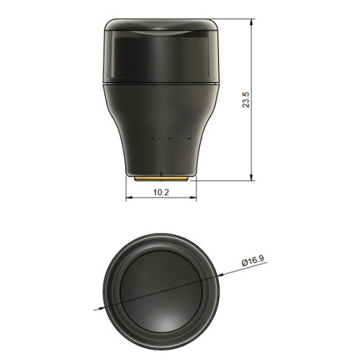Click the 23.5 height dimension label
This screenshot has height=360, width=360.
(246, 100)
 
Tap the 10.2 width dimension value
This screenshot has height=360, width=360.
(160, 192)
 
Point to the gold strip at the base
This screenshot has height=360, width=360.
(160, 179)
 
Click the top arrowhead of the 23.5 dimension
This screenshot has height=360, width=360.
(253, 22)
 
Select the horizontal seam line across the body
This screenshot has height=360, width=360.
(161, 83)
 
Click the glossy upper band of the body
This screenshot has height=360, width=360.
(161, 52)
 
